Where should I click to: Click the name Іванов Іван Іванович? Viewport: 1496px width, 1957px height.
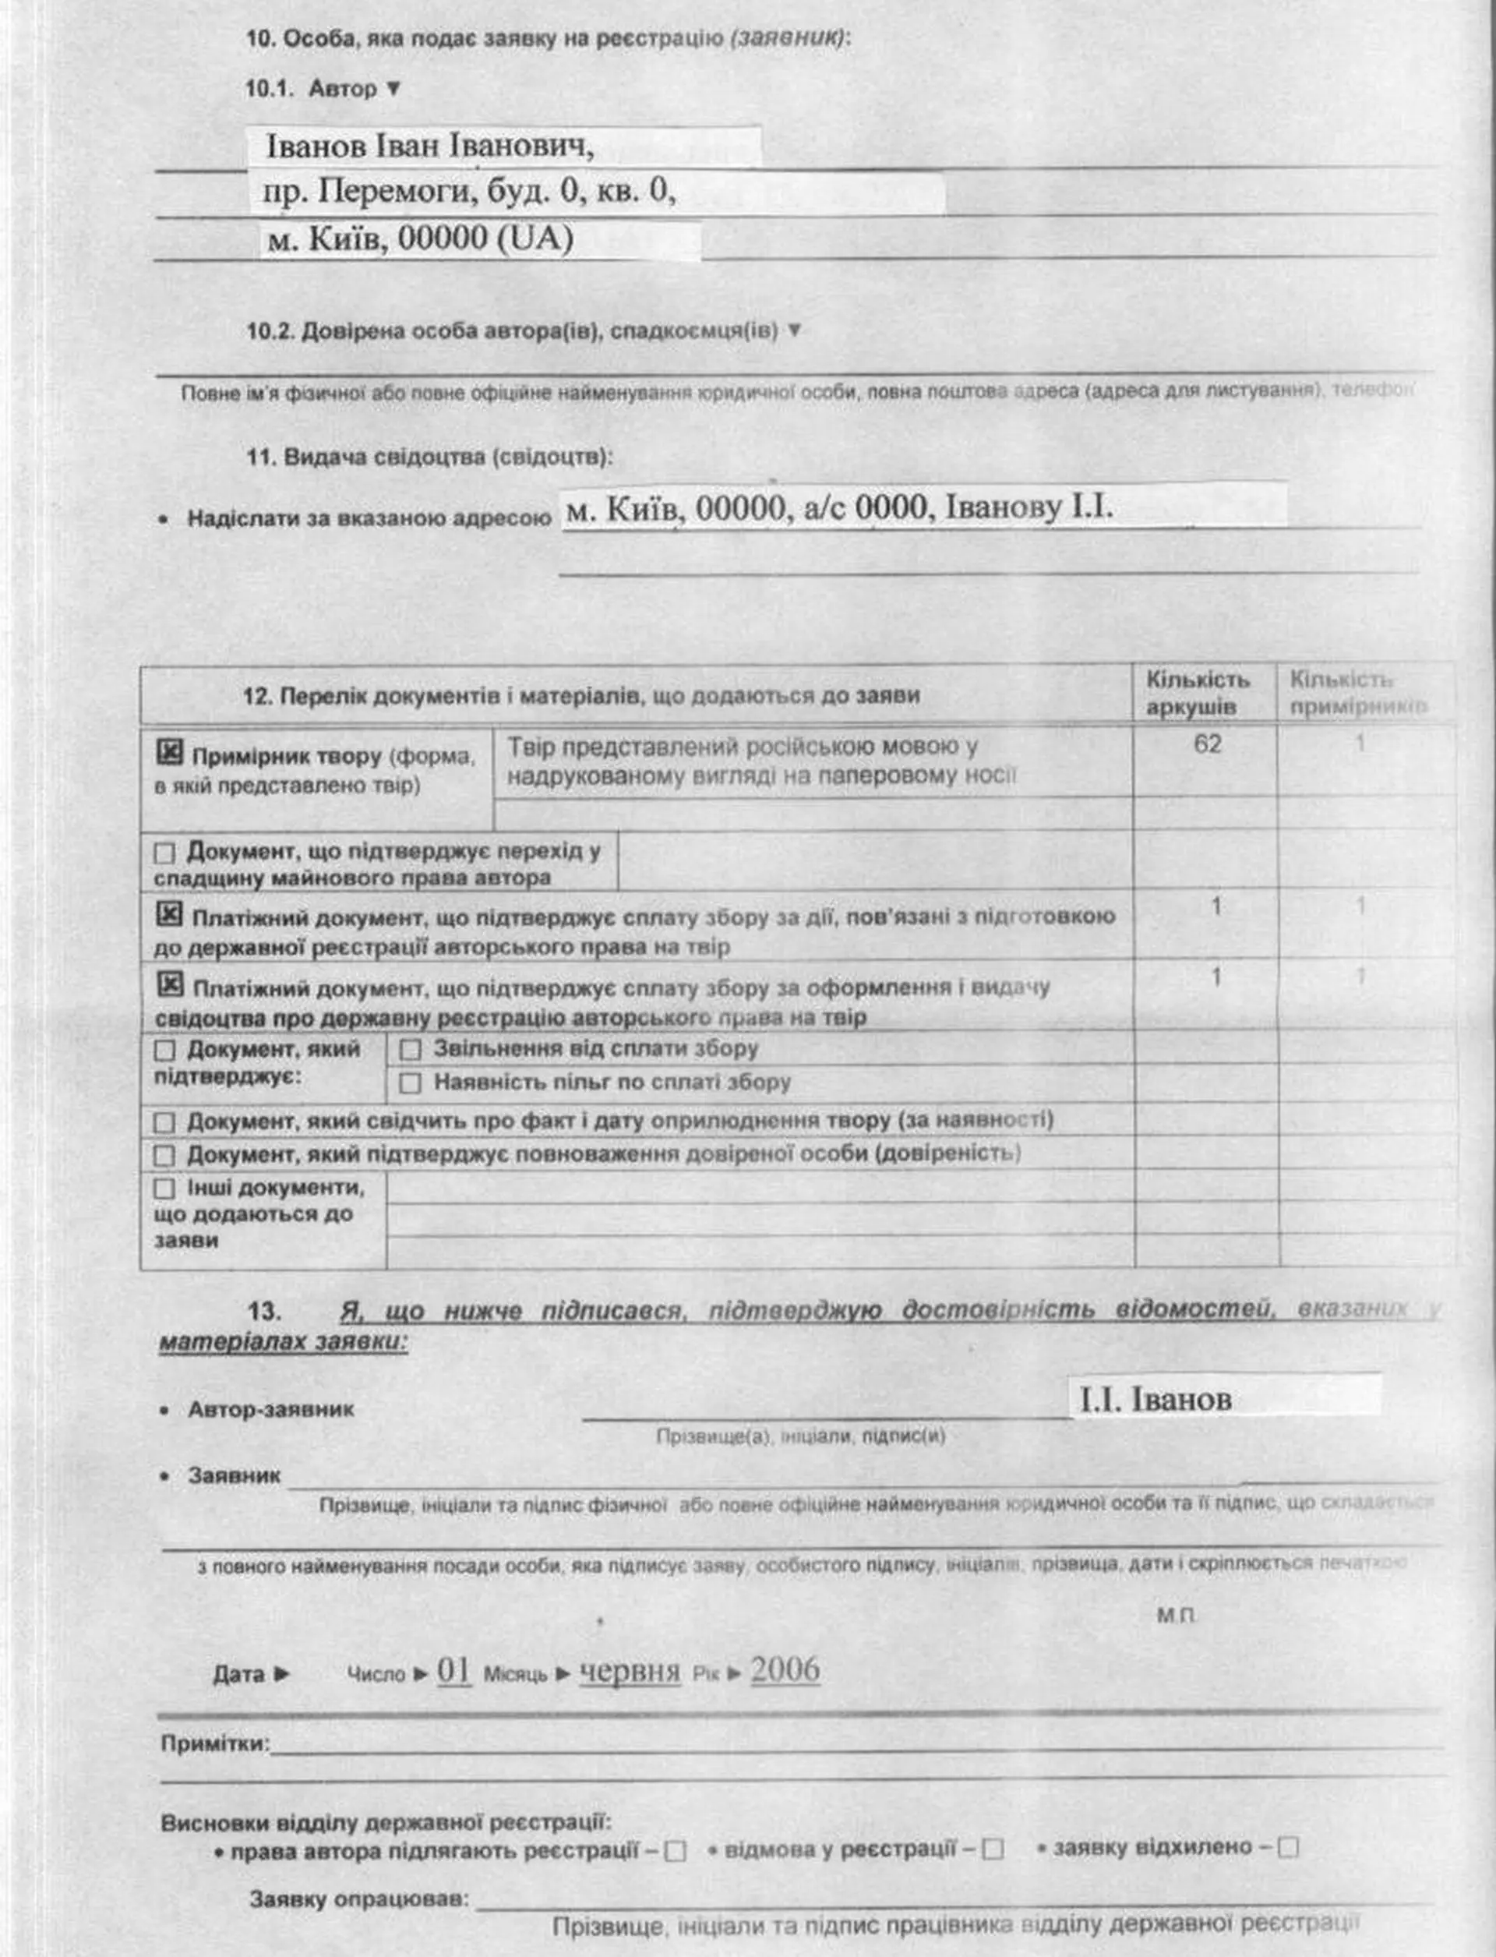430,145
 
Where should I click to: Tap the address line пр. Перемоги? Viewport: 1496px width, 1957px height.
469,191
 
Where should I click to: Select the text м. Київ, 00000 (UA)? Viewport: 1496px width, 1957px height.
419,238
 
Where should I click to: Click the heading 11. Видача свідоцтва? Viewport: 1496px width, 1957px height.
429,457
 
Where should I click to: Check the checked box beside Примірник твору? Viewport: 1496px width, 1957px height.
169,753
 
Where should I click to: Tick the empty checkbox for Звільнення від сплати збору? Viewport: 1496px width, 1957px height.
410,1049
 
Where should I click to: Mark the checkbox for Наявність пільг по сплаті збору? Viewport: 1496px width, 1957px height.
410,1083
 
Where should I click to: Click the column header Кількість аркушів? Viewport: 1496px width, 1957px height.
1197,693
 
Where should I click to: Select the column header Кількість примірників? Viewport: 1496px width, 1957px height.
1357,693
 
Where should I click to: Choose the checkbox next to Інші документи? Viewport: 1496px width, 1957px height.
164,1189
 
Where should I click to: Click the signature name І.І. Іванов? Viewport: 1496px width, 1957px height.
1155,1400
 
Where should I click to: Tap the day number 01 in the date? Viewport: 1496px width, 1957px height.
453,1670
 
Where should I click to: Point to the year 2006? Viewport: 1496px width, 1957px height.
785,1670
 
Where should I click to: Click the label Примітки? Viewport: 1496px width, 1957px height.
214,1743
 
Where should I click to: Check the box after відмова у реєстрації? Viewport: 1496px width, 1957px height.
993,1850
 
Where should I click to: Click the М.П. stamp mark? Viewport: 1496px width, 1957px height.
1177,1615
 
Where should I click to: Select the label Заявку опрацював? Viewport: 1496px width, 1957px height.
359,1899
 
